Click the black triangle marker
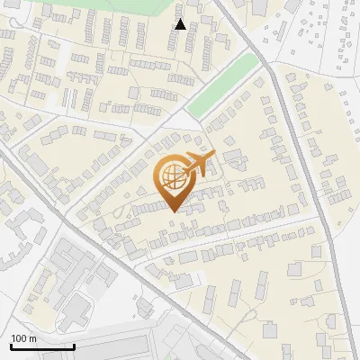(x=180, y=24)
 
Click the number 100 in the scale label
(x=20, y=338)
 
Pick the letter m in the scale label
(x=33, y=338)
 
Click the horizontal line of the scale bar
(x=42, y=346)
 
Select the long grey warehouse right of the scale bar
(x=117, y=346)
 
